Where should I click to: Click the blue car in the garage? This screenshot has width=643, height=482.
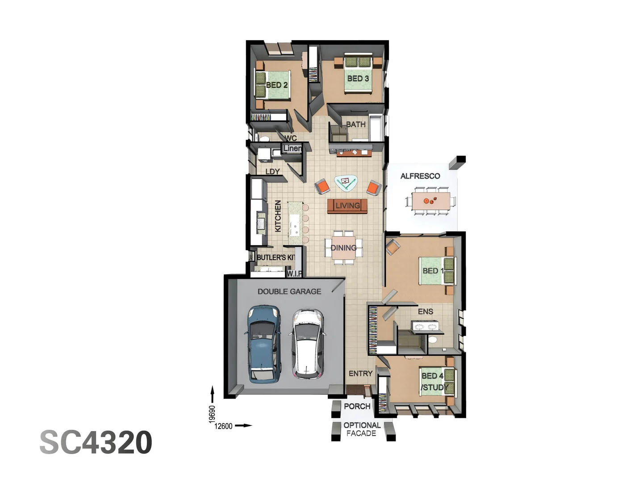coord(263,344)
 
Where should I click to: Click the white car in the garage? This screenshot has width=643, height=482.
coord(308,344)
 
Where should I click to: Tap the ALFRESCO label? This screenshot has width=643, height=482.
coord(420,176)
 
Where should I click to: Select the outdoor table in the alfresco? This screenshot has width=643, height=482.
coord(430,201)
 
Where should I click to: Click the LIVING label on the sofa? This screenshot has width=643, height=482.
coord(347,206)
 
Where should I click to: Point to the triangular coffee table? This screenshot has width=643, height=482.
coord(346,183)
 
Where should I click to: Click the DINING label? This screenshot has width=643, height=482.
coord(343,248)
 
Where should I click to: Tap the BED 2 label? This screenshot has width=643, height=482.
coord(277,85)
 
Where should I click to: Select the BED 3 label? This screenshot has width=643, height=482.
coord(358,79)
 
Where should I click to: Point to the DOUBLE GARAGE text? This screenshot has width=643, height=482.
coord(289,291)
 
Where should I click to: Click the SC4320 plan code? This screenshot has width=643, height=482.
coord(96,442)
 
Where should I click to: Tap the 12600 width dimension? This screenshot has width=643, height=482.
coord(223,426)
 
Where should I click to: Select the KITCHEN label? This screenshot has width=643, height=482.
coord(278,216)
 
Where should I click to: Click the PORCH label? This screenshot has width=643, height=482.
coord(357,406)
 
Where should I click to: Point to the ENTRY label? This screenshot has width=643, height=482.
coord(360,374)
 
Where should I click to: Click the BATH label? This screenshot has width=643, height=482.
coord(356,125)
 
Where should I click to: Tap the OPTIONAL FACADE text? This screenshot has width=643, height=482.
coord(362,429)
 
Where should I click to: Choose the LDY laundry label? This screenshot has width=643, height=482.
coord(272,171)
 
